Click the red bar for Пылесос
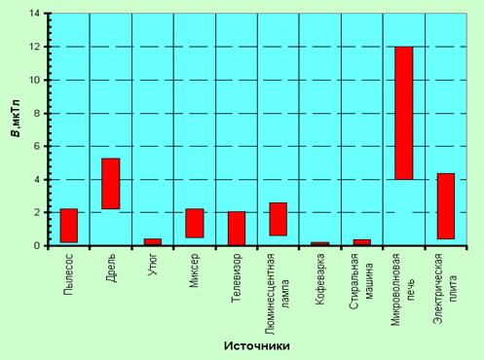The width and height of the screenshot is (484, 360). click(x=69, y=226)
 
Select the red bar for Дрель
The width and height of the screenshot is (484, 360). click(x=111, y=184)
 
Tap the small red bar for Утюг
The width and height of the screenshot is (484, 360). click(x=153, y=242)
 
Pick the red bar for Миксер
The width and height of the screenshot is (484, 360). click(x=195, y=223)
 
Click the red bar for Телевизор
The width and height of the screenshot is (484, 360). click(x=237, y=229)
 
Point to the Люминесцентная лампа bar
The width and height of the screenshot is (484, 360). click(x=279, y=219)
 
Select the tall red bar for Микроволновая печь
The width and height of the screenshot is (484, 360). click(x=404, y=113)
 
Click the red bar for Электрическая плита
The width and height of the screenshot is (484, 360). click(x=446, y=206)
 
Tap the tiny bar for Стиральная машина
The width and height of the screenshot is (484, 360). click(x=362, y=242)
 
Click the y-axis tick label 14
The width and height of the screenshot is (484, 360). click(x=34, y=14)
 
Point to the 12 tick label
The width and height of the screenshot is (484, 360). click(x=34, y=47)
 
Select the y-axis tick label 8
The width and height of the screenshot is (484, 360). click(x=37, y=114)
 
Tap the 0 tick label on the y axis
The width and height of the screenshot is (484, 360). click(x=37, y=246)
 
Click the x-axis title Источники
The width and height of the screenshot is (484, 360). click(x=257, y=346)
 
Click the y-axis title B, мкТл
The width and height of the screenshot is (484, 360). click(x=16, y=119)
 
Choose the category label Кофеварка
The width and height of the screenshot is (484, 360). click(x=320, y=279)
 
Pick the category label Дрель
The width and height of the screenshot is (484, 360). click(x=111, y=268)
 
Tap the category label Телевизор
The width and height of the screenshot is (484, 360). click(x=237, y=278)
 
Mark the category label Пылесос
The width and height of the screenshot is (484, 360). click(x=69, y=274)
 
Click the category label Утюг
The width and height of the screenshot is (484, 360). click(x=153, y=265)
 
